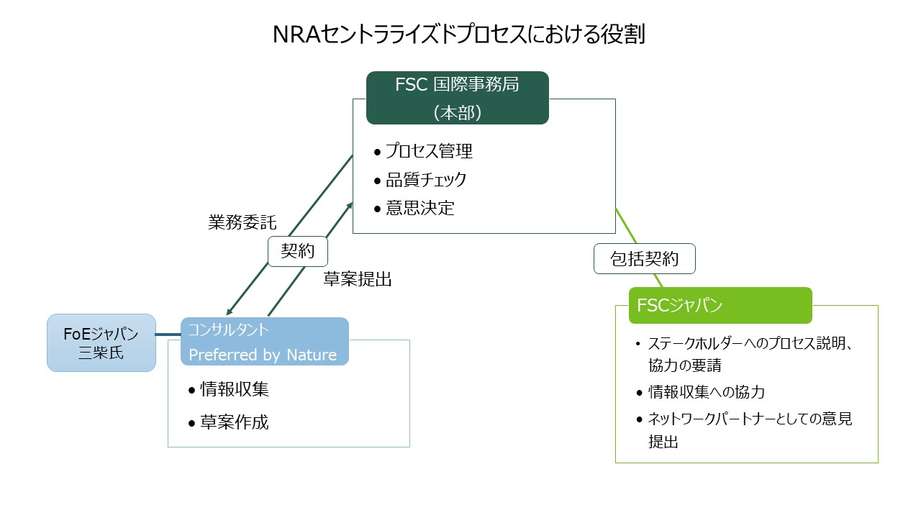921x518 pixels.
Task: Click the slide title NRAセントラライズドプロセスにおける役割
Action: click(x=458, y=35)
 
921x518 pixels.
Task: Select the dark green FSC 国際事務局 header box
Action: click(x=457, y=97)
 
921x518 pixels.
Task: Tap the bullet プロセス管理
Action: click(x=429, y=151)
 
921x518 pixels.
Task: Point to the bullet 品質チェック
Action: click(x=426, y=180)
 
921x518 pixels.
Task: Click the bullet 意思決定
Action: click(x=420, y=209)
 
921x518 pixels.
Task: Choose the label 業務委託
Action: click(x=242, y=222)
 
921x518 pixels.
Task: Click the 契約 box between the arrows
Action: click(x=298, y=253)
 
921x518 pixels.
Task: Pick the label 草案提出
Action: click(x=357, y=280)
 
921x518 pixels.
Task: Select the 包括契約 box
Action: click(x=644, y=259)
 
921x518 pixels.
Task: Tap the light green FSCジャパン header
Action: click(x=720, y=305)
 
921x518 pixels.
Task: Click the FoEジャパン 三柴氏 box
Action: click(x=101, y=342)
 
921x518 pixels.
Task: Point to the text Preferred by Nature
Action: click(x=263, y=355)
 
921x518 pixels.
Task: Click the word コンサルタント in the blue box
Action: click(x=228, y=330)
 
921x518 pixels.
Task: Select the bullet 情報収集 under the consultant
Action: click(x=234, y=389)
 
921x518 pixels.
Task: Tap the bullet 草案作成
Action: click(x=234, y=422)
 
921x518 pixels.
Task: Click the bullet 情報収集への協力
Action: click(x=706, y=392)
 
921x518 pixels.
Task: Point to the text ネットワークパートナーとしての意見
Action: click(x=750, y=419)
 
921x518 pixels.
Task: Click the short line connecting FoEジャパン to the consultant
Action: click(x=168, y=335)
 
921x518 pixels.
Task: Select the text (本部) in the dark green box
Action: click(x=457, y=112)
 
